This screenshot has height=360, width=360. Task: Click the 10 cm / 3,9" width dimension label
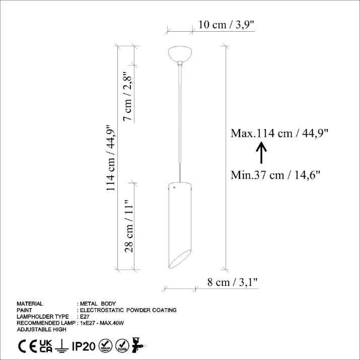point(227,25)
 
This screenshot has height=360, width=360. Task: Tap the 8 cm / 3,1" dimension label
point(233,282)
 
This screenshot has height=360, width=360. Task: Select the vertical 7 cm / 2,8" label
point(128,97)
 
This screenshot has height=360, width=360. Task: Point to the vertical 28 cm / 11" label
point(129,226)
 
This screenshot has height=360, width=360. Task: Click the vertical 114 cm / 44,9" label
point(111,158)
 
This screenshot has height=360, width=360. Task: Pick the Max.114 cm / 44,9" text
point(279,133)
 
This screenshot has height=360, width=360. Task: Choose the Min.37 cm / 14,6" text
point(275,175)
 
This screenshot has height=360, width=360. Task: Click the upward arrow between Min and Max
point(261,153)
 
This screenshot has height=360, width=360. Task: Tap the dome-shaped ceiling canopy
point(180,54)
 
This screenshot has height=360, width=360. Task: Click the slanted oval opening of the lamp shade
point(180,259)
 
